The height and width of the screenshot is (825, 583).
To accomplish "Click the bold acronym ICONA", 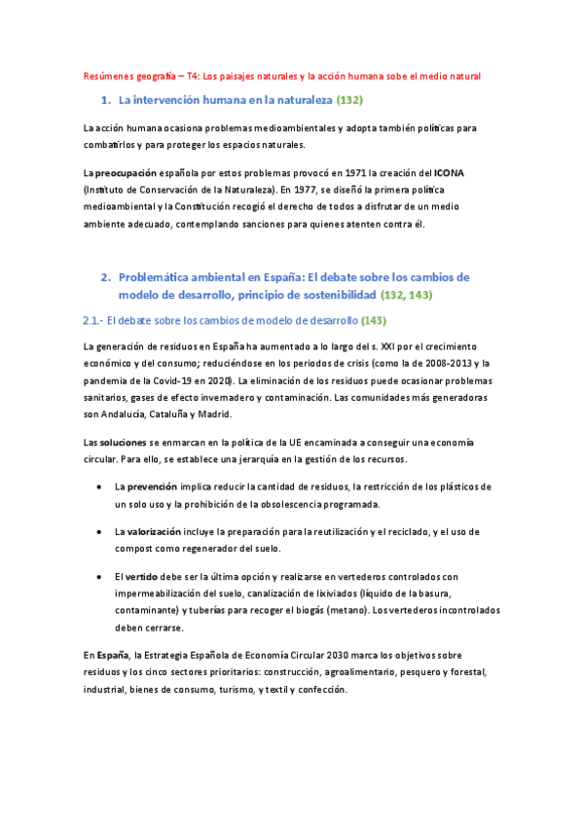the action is [450, 172].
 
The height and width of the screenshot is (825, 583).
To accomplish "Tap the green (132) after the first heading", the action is [349, 100].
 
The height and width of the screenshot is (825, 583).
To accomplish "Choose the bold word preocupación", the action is [130, 172].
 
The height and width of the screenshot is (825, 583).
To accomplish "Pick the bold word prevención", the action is [151, 485].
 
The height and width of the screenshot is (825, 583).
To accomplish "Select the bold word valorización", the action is [155, 531].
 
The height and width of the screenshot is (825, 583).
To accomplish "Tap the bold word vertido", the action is [144, 576].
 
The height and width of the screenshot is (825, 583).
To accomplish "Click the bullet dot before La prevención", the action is [102, 485].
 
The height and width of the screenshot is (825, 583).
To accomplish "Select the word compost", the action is [135, 549].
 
